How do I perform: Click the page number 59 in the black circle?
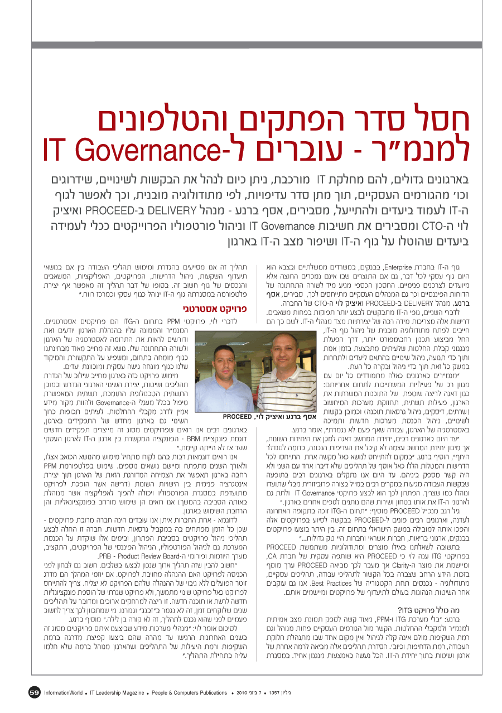pos(33,692)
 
